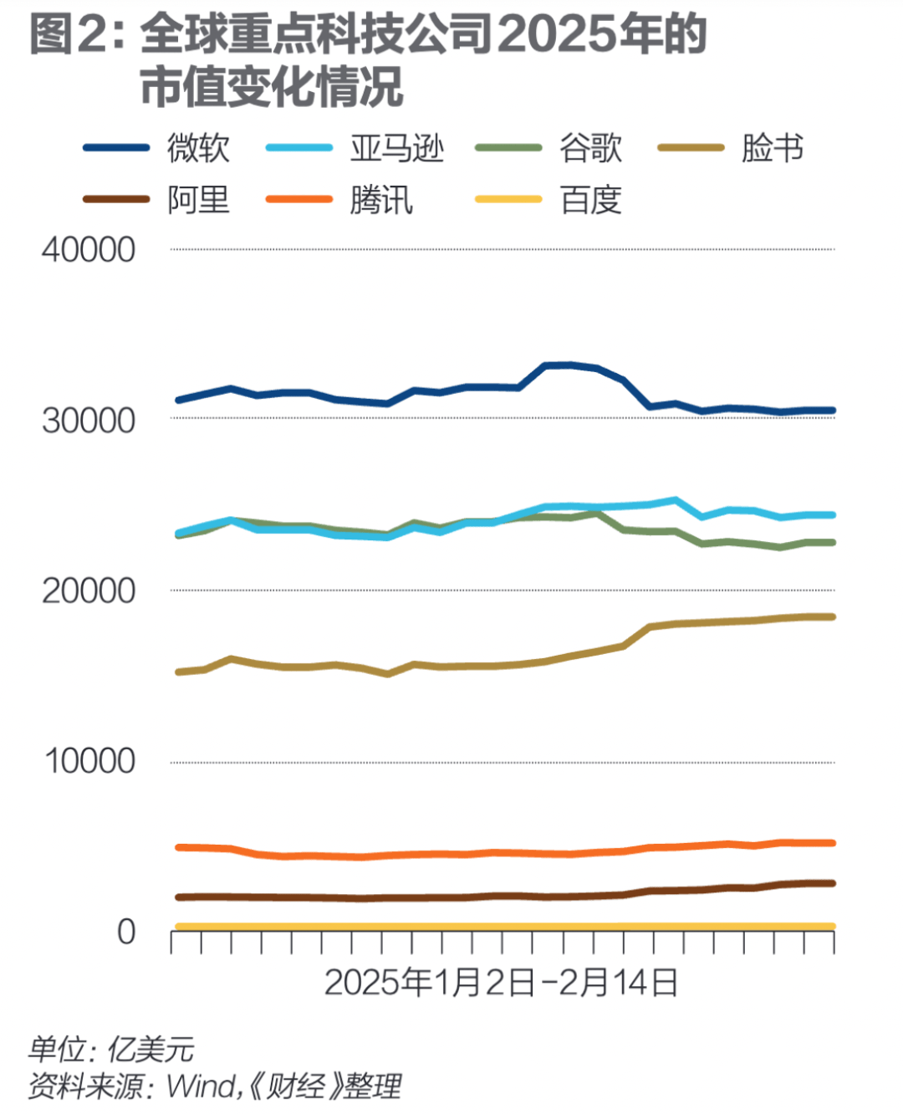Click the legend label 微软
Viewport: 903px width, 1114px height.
point(198,148)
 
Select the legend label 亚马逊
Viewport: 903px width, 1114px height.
point(396,148)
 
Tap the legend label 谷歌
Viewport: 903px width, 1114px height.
point(590,148)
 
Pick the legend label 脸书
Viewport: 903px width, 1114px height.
point(773,148)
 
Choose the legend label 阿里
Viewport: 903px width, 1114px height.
point(198,200)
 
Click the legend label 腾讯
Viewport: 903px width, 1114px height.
point(381,200)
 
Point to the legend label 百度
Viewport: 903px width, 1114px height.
point(590,200)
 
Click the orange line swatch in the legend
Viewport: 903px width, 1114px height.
point(298,199)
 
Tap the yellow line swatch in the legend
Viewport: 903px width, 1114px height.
point(508,199)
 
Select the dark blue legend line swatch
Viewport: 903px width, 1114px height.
point(116,148)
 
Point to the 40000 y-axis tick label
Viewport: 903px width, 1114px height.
point(89,249)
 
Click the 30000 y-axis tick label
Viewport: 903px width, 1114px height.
point(89,420)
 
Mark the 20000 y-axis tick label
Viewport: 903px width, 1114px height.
point(89,590)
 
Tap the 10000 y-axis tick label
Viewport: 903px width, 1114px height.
point(89,761)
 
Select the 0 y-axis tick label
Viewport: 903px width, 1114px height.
point(126,931)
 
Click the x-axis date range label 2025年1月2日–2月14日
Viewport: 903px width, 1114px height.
point(501,983)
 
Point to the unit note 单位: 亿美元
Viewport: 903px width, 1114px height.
point(111,1049)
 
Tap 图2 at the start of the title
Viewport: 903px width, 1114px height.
point(64,35)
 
